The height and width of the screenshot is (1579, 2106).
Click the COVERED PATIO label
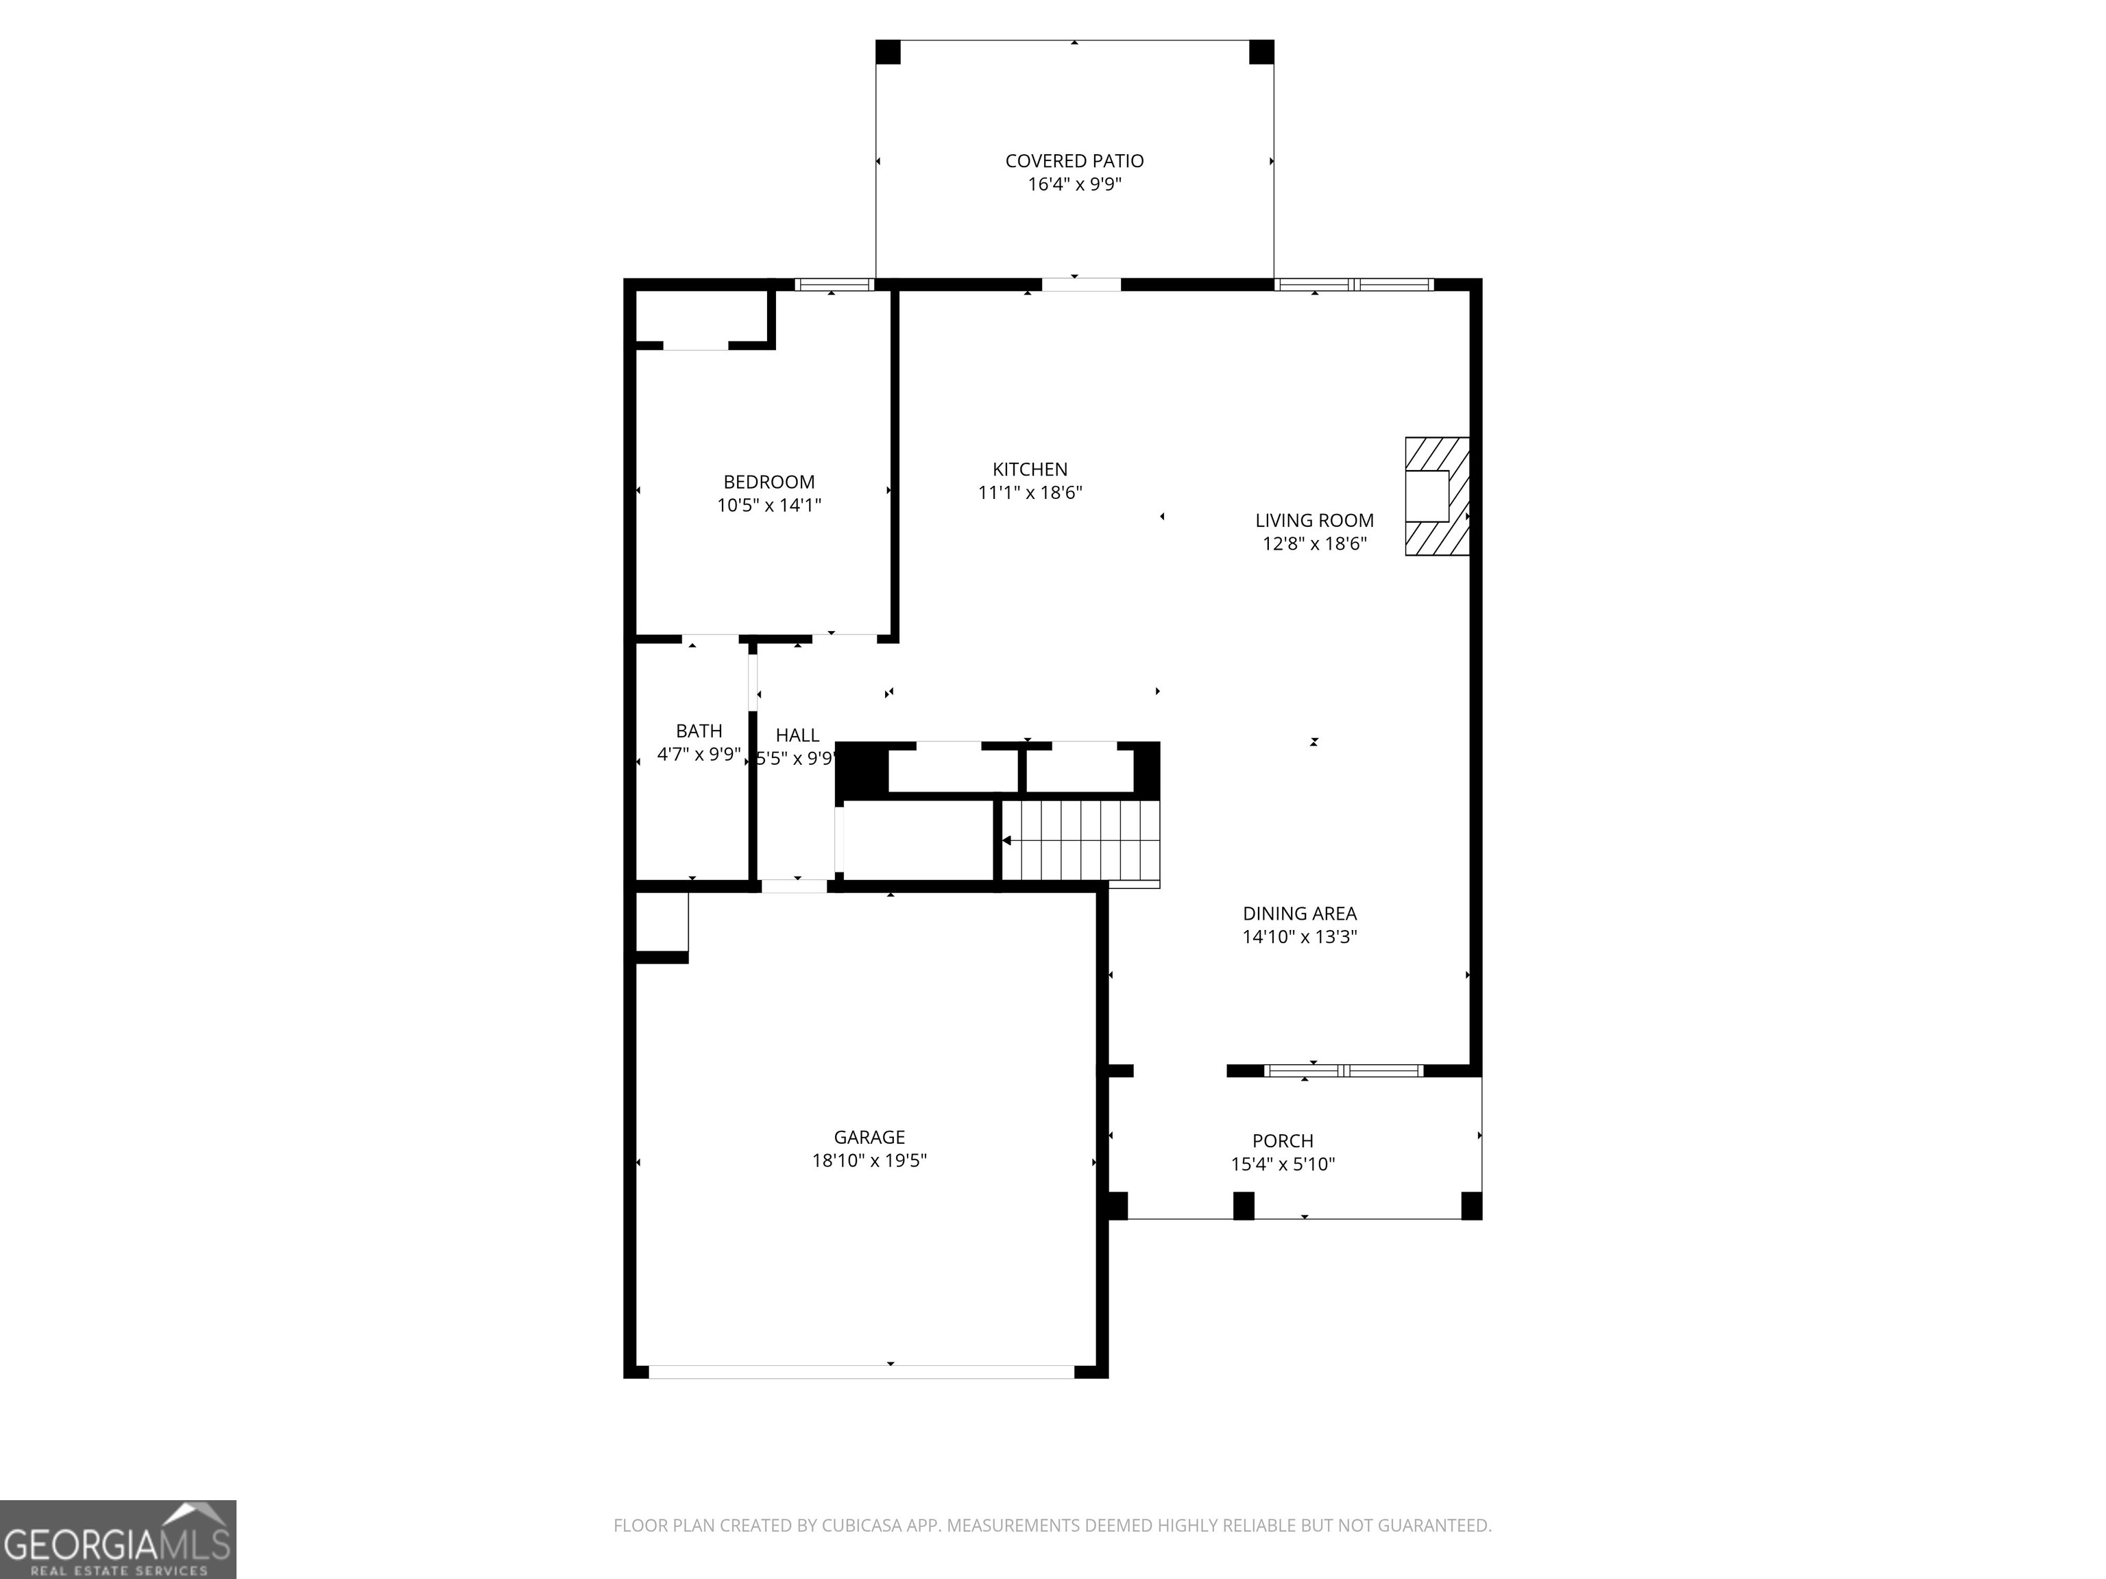(1074, 161)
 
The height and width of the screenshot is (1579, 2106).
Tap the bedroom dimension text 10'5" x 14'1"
(768, 505)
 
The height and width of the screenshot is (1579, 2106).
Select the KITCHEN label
(1030, 469)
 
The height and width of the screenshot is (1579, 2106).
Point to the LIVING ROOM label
(1314, 521)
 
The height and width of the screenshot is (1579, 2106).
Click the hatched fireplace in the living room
(1438, 496)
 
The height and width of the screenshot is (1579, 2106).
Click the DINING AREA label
(1300, 914)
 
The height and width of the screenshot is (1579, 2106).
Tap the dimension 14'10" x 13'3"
(1300, 937)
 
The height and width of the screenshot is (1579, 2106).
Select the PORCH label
(1283, 1141)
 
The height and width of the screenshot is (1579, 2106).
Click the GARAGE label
(869, 1138)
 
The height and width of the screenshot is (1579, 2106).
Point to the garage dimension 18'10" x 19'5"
(869, 1160)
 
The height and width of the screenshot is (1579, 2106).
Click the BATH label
(699, 731)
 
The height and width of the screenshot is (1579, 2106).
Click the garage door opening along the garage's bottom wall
(862, 1371)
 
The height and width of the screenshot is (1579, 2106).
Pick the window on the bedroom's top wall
(834, 284)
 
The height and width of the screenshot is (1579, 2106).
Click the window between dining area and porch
(1344, 1070)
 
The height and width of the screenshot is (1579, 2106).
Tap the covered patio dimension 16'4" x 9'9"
(1074, 184)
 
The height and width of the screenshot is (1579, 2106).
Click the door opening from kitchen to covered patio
(1080, 284)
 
